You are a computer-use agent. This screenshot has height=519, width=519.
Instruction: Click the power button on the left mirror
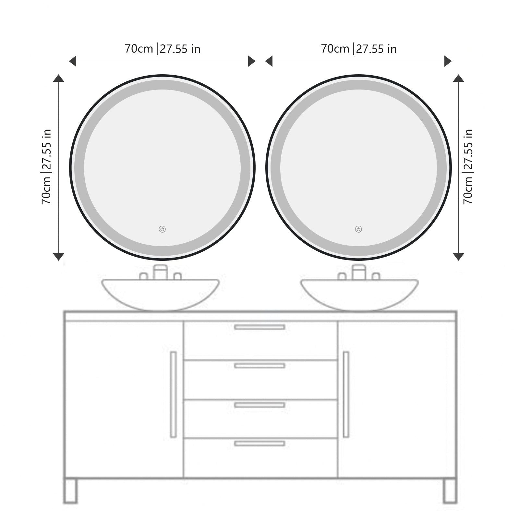coord(162,229)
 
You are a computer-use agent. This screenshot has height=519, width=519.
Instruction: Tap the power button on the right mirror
coord(358,229)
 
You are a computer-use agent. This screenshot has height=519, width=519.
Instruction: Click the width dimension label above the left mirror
coord(163,49)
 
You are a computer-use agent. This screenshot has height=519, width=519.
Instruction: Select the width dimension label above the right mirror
coord(359,49)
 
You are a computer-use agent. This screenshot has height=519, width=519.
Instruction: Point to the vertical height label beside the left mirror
coord(47,167)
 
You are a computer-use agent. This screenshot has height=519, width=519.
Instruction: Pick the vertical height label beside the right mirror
coord(468,167)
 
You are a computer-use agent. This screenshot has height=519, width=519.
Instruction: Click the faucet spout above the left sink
coord(161,272)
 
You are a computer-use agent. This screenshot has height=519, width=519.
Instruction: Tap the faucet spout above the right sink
coord(359,272)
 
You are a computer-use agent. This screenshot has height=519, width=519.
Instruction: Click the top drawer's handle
coord(260,327)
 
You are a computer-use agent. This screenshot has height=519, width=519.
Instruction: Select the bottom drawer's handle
coord(260,443)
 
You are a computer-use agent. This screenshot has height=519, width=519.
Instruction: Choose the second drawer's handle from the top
coord(260,366)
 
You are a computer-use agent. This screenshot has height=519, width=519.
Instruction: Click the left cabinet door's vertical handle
coord(173,394)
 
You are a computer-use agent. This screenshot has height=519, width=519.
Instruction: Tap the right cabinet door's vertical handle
coord(346,394)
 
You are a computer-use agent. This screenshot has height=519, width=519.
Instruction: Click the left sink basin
coord(161,294)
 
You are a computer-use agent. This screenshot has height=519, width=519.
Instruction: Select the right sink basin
coord(359,294)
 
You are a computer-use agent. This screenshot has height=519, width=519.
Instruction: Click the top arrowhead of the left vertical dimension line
coord(58,78)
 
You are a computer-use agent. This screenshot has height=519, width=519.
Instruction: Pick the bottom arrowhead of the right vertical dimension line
coord(458,257)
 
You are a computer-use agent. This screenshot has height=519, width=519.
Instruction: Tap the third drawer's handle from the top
coord(260,405)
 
